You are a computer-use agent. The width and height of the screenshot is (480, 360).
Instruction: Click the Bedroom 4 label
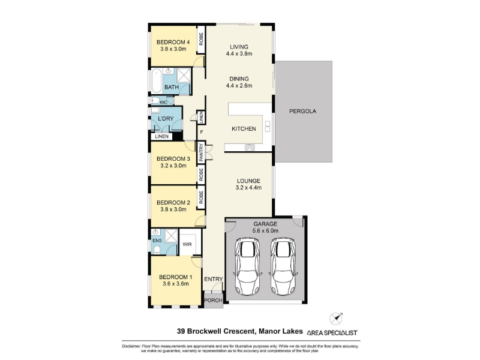click(x=173, y=42)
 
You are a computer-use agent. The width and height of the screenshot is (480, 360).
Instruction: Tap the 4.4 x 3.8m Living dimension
click(x=239, y=54)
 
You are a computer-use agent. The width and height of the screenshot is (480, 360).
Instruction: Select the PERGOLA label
click(x=302, y=112)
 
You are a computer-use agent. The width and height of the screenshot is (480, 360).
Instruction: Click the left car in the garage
click(x=247, y=266)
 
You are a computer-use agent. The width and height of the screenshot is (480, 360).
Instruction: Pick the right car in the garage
click(x=283, y=266)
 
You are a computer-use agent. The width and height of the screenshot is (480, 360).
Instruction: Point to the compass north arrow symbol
click(x=336, y=319)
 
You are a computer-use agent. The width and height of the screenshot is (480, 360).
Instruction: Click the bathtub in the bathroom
click(x=157, y=81)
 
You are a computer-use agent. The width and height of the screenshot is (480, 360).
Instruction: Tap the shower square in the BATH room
click(x=184, y=76)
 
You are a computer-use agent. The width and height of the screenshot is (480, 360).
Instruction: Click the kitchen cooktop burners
click(x=250, y=148)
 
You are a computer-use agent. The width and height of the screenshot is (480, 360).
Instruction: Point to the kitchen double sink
click(x=268, y=126)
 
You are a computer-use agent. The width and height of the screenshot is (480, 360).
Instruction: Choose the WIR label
click(x=187, y=244)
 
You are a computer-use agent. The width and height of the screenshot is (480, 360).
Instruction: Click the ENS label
click(x=157, y=241)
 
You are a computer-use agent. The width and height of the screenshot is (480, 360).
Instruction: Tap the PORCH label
click(x=214, y=301)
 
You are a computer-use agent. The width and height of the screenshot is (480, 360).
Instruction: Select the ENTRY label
click(x=214, y=279)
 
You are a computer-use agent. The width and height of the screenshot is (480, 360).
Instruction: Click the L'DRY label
click(x=166, y=118)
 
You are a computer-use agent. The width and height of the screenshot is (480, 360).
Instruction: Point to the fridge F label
click(x=201, y=132)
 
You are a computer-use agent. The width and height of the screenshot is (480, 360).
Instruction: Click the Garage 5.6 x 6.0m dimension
click(x=265, y=231)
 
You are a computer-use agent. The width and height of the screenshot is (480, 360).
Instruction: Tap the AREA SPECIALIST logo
click(x=332, y=333)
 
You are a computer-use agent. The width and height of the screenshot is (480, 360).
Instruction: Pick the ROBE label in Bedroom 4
click(x=201, y=39)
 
